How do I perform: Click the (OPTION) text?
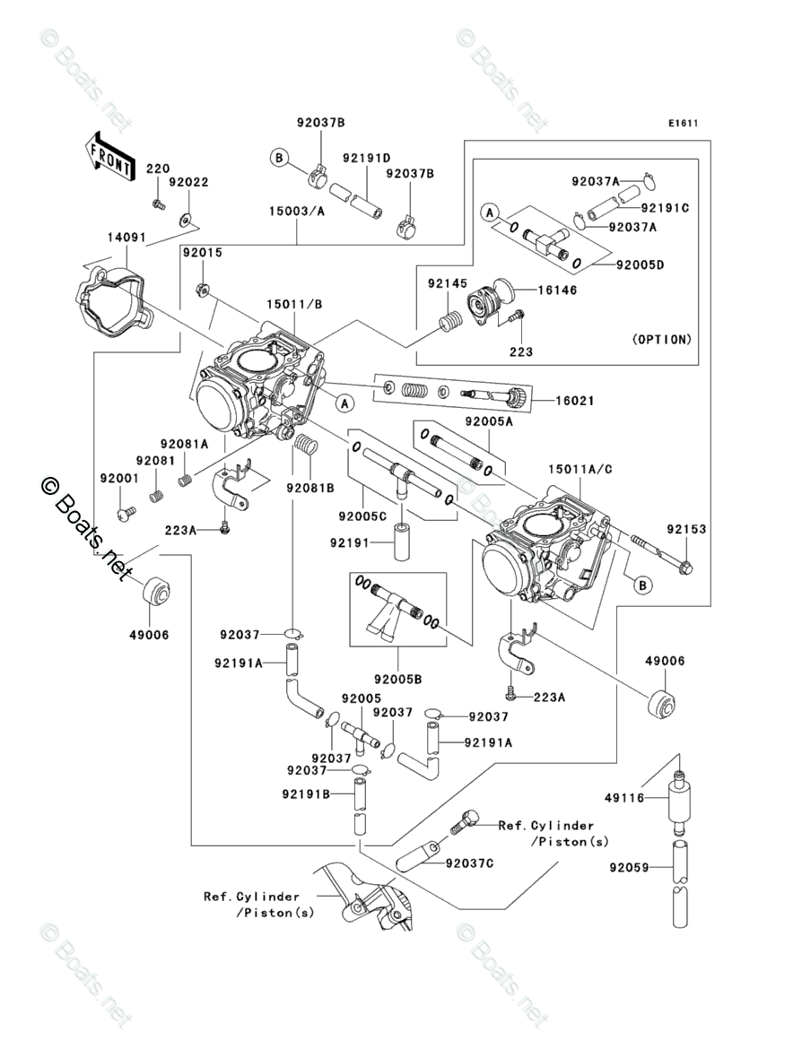(662, 340)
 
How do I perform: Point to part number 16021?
(574, 401)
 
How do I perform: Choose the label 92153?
(685, 530)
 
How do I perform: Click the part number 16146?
(557, 290)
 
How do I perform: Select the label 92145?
(447, 284)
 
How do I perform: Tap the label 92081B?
(310, 488)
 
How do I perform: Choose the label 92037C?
(468, 863)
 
